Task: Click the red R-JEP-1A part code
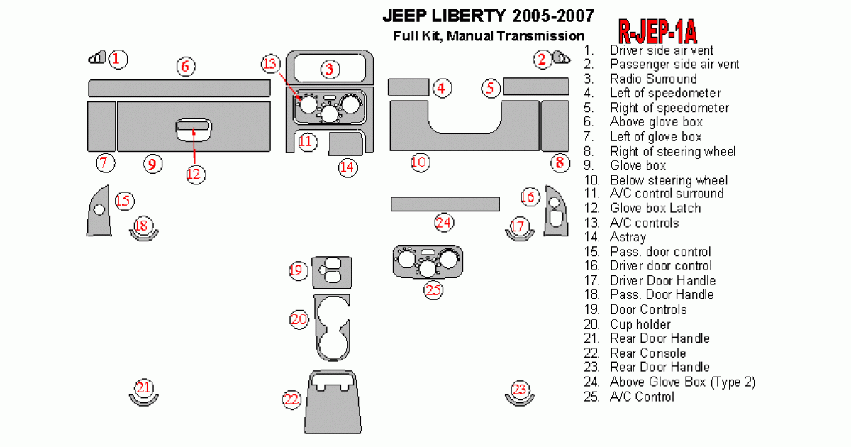point(657,31)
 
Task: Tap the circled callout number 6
point(185,67)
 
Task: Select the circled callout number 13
point(270,64)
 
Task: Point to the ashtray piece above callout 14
point(347,144)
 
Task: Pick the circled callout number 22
point(291,400)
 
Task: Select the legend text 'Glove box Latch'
point(655,209)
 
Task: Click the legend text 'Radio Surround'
point(653,79)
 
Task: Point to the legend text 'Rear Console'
point(647,353)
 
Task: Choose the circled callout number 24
point(444,223)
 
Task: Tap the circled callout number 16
point(529,197)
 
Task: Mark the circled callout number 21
point(144,388)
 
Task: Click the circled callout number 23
point(520,389)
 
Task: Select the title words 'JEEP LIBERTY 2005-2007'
point(489,14)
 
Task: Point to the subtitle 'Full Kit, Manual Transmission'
point(489,36)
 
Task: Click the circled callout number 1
point(118,59)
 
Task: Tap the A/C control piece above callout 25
point(428,262)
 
